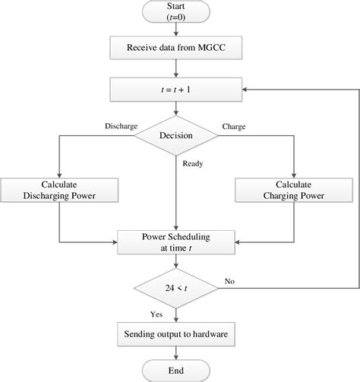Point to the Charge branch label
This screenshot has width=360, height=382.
[232, 125]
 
